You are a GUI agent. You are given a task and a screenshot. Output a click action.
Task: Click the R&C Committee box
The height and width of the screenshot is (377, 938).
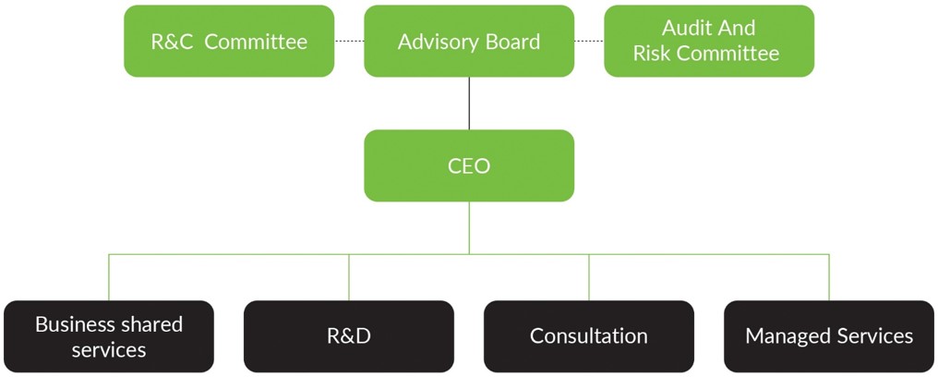pos(229,42)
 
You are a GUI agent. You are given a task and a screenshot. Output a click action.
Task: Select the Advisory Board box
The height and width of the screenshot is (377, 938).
pos(469,42)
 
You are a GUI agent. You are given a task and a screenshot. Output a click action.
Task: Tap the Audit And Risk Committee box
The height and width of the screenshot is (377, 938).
pos(708,42)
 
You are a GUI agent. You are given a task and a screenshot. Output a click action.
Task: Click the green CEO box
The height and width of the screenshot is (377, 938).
pos(469,166)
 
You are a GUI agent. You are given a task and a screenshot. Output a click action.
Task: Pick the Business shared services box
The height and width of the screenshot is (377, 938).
pos(109,336)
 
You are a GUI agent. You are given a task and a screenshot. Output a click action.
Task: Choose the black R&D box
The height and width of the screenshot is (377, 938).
pos(349,336)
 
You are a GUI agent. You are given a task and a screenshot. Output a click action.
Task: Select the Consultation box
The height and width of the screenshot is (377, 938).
pos(589,336)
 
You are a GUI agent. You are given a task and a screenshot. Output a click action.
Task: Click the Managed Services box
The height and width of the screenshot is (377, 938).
pos(828,336)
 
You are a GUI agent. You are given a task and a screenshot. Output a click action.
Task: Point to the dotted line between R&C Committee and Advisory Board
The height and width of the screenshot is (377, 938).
pos(349,42)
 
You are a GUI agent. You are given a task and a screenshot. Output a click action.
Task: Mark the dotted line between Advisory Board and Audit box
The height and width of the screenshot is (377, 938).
pos(589,42)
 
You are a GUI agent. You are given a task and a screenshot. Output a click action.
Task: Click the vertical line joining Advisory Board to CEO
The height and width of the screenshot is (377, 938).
pos(469,103)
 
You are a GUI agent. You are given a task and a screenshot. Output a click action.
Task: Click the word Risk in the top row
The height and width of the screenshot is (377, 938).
pos(653,54)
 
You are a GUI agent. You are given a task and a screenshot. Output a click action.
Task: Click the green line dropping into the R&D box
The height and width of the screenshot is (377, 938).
pos(349,277)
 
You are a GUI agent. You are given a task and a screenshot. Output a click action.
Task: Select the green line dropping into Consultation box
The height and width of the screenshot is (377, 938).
pos(589,277)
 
